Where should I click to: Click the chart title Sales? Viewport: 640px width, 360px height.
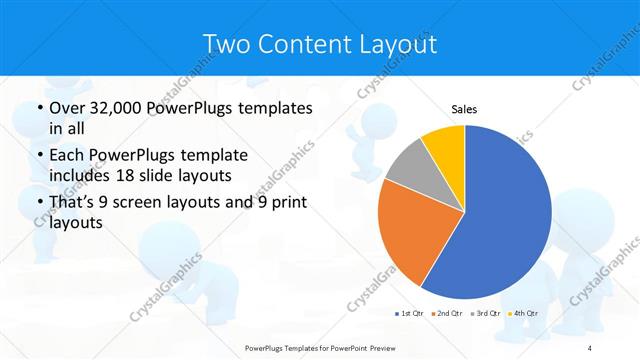coord(464,108)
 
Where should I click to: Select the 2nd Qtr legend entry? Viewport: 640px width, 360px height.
coord(446,314)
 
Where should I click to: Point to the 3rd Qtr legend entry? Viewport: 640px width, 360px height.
coord(485,314)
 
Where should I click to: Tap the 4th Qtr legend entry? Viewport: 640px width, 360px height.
coord(523,314)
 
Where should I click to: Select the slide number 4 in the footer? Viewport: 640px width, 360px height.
coord(590,347)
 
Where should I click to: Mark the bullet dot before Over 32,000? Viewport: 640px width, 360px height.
coord(39,109)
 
